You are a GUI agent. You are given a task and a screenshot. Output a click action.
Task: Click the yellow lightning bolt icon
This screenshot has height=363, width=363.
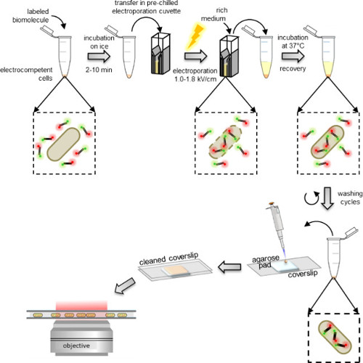195,36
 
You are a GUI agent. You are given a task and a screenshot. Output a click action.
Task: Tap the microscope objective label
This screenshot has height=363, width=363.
76,346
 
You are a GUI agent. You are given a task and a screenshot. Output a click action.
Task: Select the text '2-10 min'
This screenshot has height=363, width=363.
99,70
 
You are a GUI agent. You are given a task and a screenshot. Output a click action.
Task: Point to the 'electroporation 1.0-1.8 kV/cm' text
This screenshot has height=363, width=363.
195,75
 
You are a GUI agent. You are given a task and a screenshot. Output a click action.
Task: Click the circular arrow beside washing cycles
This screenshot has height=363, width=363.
311,198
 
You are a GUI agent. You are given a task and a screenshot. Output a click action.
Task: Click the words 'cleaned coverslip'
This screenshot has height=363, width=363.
168,258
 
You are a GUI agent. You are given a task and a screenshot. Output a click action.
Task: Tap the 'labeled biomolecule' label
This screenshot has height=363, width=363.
30,15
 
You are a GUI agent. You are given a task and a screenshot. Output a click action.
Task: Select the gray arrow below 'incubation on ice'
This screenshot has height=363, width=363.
99,57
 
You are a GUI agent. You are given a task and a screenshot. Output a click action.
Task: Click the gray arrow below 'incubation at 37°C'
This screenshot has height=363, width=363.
293,57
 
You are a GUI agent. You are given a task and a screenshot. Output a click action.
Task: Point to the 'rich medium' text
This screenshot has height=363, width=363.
214,15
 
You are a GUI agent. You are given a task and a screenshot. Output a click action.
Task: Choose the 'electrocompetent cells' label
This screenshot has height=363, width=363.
26,74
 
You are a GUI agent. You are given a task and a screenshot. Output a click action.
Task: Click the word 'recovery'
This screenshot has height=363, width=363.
293,69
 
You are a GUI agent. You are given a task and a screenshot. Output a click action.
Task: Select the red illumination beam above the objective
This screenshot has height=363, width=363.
81,306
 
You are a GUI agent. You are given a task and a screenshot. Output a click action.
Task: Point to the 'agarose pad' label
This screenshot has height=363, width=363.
266,262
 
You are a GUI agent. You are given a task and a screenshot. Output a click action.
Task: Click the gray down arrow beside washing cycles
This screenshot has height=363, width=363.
327,198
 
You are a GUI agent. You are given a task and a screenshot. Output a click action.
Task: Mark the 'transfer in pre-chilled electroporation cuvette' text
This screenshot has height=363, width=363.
147,7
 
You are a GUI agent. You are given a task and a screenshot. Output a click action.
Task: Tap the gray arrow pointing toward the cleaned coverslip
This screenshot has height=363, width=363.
229,267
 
